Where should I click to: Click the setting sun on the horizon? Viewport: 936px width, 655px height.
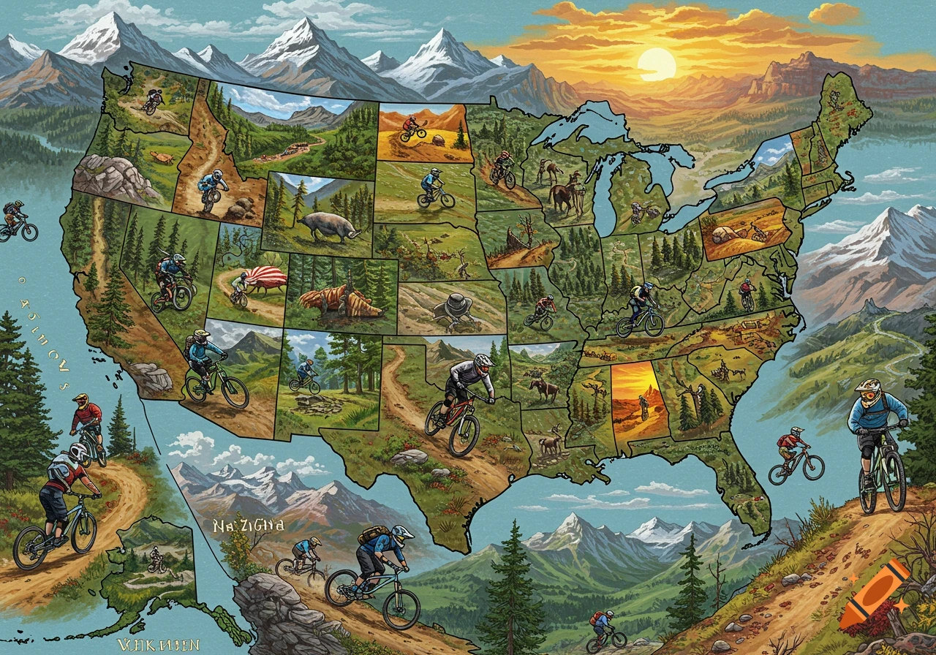(657, 64)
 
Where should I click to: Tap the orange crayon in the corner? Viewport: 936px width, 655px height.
(875, 594)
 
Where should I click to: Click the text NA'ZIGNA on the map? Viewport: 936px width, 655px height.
(249, 525)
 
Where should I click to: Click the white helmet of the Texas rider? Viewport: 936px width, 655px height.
(483, 360)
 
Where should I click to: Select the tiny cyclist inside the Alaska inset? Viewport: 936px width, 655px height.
(156, 559)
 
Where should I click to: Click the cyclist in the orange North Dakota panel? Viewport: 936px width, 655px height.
(413, 129)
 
